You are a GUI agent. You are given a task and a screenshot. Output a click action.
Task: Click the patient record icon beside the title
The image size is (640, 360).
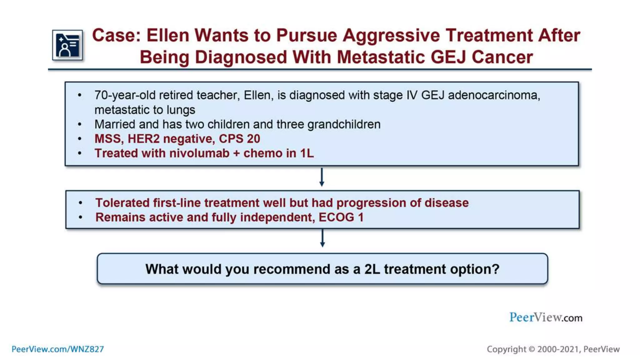67,45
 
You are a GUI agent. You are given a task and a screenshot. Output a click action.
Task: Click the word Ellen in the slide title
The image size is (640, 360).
168,35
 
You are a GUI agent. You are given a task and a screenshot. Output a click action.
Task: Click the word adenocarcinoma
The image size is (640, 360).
494,95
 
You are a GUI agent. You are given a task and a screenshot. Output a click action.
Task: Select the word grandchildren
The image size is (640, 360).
344,124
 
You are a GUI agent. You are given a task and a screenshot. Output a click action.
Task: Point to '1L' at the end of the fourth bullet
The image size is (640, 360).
307,153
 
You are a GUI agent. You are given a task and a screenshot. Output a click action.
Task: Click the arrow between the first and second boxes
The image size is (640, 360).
322,177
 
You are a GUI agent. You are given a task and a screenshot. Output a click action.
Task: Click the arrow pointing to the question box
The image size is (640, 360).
322,238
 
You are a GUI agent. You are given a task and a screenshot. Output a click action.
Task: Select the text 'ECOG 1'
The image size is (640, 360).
341,217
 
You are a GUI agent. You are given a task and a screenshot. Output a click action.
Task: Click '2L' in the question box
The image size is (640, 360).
372,269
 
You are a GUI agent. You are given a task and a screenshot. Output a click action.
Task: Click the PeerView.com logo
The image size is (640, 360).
546,317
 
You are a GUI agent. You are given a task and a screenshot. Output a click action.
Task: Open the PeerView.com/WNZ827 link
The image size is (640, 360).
58,349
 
